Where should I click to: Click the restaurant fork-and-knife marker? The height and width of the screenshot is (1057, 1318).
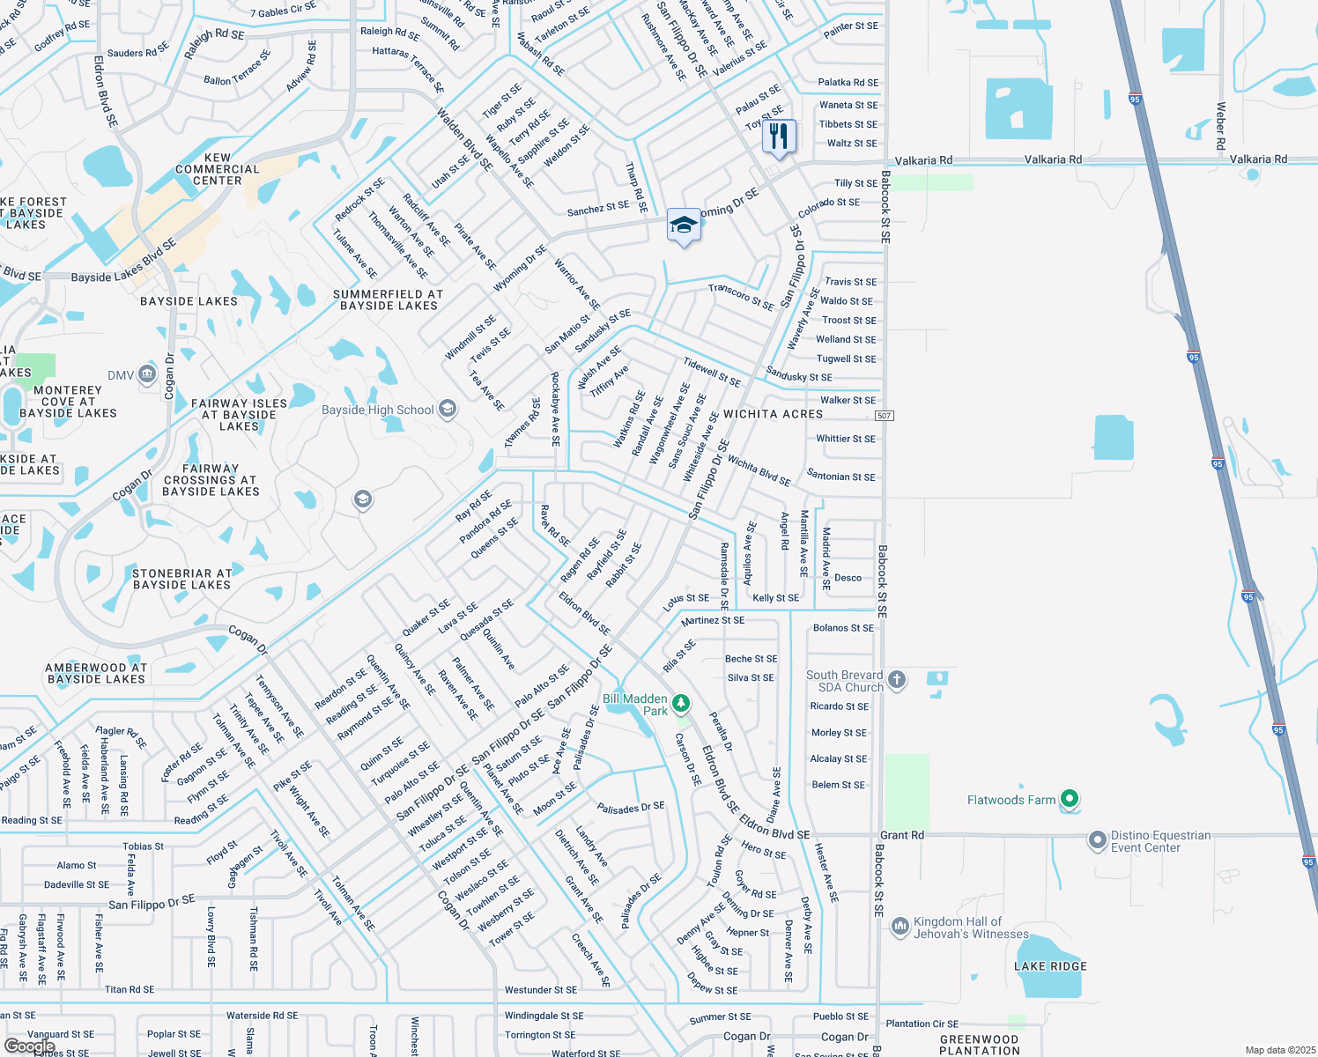click(x=779, y=137)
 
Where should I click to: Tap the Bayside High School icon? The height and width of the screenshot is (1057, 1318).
click(x=448, y=409)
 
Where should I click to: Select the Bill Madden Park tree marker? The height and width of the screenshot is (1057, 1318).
click(x=680, y=703)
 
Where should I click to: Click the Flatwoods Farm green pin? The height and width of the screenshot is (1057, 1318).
click(x=1070, y=799)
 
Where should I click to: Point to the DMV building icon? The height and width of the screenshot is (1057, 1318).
click(x=147, y=375)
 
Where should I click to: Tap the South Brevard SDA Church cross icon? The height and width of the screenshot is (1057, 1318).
click(x=897, y=679)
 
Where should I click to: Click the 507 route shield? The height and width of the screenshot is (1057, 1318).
click(x=885, y=416)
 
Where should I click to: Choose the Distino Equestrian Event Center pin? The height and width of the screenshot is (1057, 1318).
click(x=1097, y=840)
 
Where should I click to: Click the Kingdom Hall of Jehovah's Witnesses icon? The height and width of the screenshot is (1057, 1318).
click(x=900, y=926)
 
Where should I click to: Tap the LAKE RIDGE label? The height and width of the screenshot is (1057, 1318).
click(x=1050, y=966)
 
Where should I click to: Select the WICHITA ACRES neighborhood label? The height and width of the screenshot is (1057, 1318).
click(x=773, y=414)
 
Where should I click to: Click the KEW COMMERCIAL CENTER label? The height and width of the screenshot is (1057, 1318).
click(x=218, y=169)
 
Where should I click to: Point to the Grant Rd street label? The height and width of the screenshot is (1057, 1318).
click(x=902, y=835)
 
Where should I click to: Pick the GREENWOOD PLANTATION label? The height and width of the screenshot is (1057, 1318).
click(x=979, y=1045)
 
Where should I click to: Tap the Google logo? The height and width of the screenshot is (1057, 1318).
click(x=29, y=1046)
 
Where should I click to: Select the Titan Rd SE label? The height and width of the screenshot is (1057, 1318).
click(x=130, y=990)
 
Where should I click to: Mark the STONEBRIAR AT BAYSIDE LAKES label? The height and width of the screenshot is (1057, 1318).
click(x=181, y=579)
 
